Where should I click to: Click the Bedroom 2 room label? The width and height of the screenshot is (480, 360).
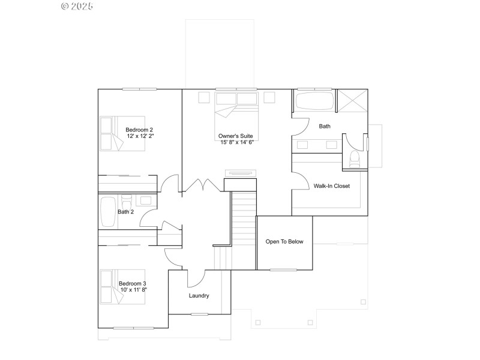(139, 130)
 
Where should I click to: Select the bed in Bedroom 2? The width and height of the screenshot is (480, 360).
(122, 133)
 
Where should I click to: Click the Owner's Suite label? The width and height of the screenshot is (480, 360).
(236, 136)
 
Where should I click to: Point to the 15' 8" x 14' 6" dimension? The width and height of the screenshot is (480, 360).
(236, 143)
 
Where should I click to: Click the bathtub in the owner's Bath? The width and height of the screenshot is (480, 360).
(314, 101)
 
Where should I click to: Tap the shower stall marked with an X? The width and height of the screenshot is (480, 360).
(352, 100)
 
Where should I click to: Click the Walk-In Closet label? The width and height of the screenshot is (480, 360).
(331, 186)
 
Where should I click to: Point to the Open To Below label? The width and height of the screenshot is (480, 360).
(284, 242)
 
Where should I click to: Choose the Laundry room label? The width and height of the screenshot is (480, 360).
(199, 296)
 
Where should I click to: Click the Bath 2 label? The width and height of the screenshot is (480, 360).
(125, 212)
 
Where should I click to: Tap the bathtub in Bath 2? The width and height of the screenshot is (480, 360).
(108, 212)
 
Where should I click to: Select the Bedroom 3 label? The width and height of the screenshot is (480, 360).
(132, 283)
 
